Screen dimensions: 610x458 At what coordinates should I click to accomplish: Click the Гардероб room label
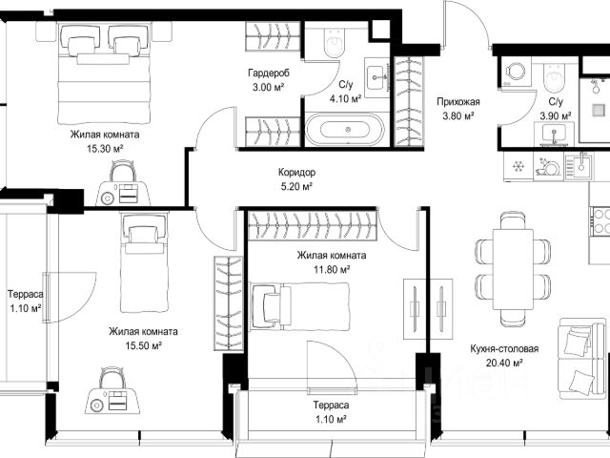269,73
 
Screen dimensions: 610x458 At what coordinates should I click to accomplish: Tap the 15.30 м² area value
105,149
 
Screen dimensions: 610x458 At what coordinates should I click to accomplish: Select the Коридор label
296,172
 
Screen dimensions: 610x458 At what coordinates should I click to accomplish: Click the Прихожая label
458,102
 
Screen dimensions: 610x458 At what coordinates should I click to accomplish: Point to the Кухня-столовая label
504,348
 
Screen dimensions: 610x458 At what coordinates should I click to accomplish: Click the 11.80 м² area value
332,269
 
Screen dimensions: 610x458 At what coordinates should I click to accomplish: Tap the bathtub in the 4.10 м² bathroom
345,130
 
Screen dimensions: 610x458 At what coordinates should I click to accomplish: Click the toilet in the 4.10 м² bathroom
335,42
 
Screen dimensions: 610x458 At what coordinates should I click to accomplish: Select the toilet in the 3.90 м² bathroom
554,76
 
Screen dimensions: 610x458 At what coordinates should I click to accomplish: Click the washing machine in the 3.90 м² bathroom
516,73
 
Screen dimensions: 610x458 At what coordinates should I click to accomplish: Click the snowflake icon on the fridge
518,167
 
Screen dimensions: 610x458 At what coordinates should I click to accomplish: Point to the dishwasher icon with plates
547,167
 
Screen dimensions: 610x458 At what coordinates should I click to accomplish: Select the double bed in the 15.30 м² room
105,73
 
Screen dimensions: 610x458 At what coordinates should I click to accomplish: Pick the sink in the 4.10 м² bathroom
377,78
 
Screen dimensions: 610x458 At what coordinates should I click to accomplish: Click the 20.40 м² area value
504,363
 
